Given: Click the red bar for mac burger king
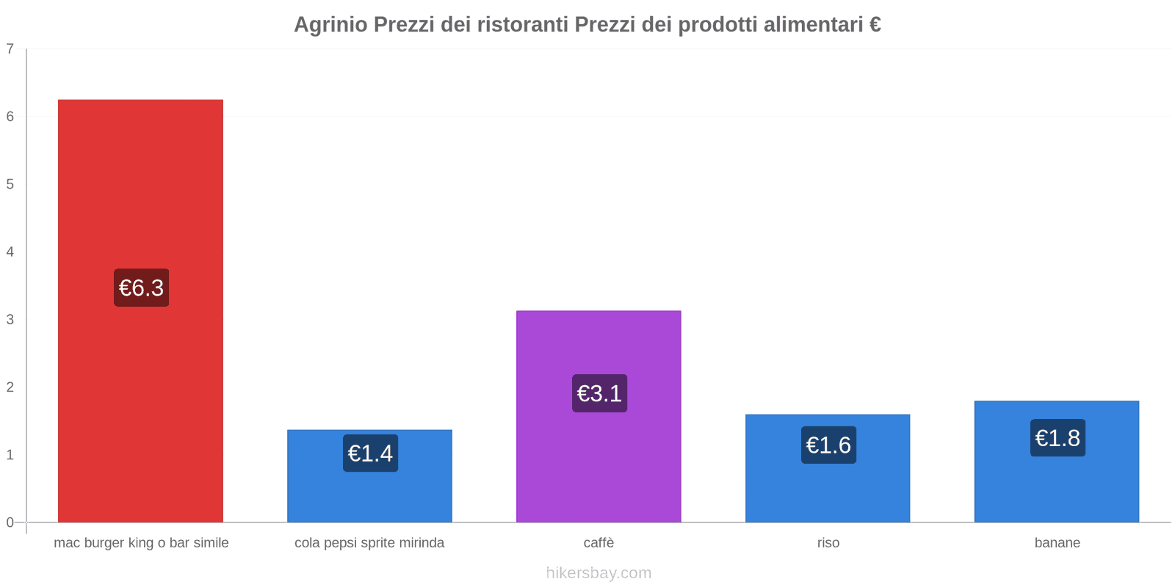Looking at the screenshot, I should (140, 183).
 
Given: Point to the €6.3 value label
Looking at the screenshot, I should (141, 288).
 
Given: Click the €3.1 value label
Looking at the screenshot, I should (599, 393).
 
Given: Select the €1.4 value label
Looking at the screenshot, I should (370, 453).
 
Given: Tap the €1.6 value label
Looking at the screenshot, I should (828, 445).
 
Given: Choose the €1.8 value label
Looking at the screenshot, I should (1057, 438).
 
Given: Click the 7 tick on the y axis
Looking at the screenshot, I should (10, 49).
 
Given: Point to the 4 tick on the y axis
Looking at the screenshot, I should (10, 252).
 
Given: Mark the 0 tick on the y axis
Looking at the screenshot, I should (10, 522).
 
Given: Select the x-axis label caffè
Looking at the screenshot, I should (599, 543).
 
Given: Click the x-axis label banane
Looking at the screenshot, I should (1057, 543).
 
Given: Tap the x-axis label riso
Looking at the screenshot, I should (828, 543).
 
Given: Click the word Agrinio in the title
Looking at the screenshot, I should (330, 25).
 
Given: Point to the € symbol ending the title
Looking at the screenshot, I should (875, 25).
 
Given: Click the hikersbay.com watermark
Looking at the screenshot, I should (599, 573).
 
